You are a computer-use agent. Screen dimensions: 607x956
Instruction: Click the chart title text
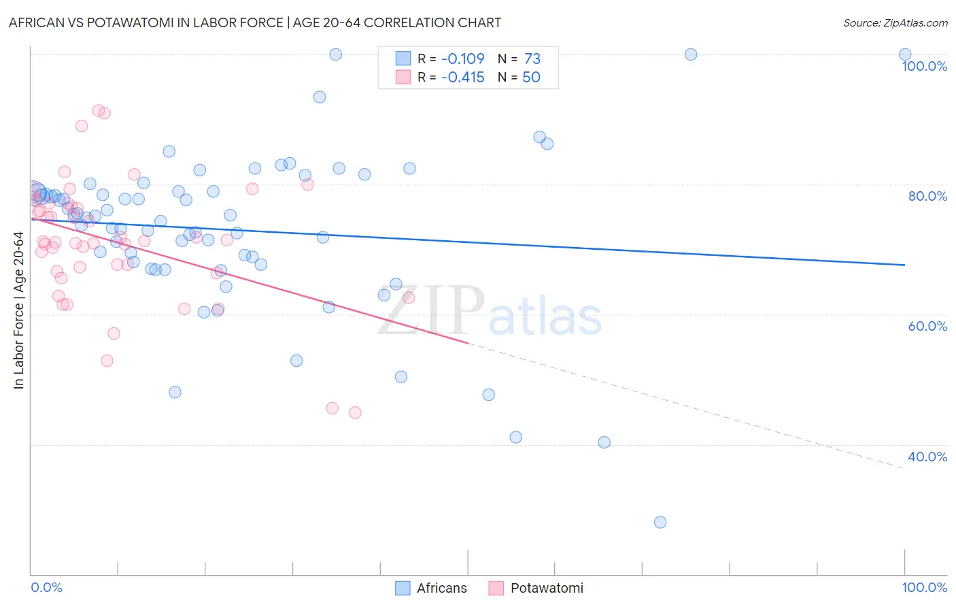(255, 22)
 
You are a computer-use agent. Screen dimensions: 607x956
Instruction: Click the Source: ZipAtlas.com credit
(895, 22)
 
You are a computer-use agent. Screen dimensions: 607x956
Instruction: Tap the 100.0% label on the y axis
(924, 66)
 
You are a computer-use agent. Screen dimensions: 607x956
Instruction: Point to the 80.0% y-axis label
(927, 196)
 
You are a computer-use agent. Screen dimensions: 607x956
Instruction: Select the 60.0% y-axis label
(927, 326)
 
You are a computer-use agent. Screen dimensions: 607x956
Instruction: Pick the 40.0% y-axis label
(927, 457)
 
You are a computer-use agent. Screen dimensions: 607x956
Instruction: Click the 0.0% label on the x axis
(46, 587)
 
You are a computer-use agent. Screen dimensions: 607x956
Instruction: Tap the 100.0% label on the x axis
(924, 587)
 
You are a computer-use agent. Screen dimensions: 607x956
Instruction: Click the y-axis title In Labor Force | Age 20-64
(19, 310)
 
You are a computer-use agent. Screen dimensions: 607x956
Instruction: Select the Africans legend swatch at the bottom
(403, 588)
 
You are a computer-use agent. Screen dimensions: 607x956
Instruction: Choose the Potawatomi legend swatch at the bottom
(496, 588)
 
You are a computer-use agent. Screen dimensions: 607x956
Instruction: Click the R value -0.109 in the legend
(462, 59)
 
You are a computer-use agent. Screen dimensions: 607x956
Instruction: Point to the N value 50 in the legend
(531, 78)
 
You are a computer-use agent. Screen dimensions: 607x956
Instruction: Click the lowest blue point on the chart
(660, 522)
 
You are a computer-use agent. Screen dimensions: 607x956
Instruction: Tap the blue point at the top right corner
(905, 54)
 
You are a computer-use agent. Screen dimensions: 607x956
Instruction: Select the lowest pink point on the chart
(355, 412)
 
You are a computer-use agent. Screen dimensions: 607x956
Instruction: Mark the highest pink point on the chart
(99, 110)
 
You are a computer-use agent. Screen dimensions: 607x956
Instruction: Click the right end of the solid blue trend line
(904, 265)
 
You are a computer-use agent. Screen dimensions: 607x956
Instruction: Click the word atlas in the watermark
(545, 317)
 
